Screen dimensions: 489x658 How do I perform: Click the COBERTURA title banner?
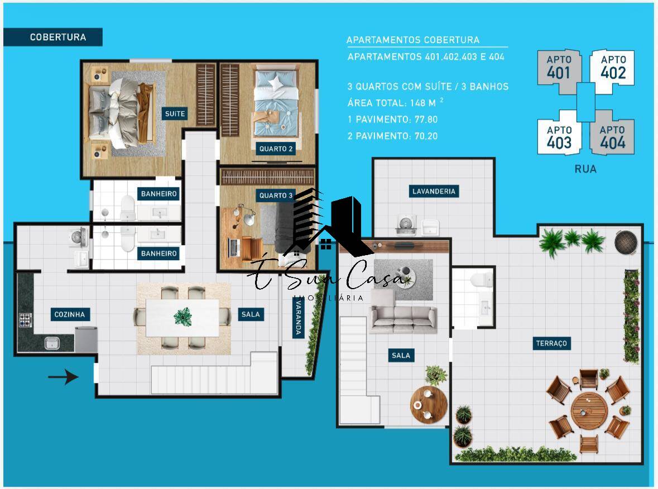tap(57, 37)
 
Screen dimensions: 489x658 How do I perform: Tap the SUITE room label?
tap(175, 114)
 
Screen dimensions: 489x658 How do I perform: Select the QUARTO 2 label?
tap(276, 149)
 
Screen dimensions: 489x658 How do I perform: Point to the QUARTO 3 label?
tap(276, 195)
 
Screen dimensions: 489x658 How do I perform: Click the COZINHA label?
tap(70, 314)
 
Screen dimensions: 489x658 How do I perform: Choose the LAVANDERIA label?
tap(434, 191)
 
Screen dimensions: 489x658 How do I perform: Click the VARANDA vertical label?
tap(299, 318)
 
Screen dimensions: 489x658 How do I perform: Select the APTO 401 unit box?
tap(559, 68)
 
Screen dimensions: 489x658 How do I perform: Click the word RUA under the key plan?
tap(585, 169)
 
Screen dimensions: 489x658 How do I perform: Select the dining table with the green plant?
tap(182, 318)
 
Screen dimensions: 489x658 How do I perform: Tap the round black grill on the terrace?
tap(625, 242)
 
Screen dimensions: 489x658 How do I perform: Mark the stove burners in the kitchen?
tap(26, 320)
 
